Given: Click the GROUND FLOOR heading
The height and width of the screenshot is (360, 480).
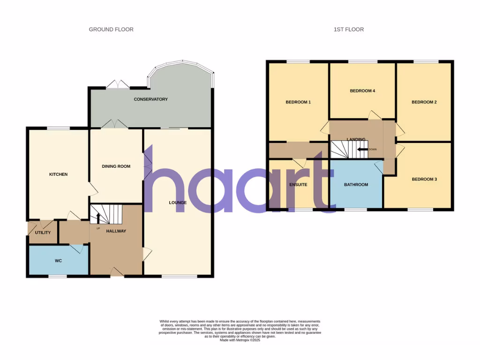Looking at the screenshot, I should point(111,30).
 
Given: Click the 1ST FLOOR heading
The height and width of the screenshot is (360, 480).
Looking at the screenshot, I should point(348,30).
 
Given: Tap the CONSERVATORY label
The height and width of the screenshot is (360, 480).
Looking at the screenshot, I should point(150,99).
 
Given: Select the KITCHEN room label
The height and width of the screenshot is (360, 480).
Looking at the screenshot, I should point(59,174).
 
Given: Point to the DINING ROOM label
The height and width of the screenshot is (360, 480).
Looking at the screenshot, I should point(116,166).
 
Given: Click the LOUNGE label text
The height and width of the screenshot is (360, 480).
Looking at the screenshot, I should point(178,203).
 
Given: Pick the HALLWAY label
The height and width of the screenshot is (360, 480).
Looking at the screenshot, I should point(116,231).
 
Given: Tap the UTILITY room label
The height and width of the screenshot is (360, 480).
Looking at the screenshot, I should point(43,232).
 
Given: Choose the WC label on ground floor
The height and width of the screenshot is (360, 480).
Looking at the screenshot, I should point(59,261).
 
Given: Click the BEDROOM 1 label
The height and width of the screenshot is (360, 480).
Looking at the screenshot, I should point(298,102).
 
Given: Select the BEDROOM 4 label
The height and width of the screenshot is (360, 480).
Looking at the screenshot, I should point(362,91).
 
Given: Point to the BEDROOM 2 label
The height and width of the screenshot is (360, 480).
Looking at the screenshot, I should point(424,102).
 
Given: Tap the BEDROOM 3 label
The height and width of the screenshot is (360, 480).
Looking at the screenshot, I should point(424,179).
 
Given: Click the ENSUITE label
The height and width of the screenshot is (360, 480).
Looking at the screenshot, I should point(298,185).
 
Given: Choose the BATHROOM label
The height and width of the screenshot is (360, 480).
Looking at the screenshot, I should point(356,185).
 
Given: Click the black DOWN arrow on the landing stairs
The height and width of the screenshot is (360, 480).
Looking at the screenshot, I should point(362,150).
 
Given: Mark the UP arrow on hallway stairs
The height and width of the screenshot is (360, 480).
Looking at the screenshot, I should point(98,218).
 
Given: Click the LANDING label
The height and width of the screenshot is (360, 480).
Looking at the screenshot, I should point(356,139).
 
